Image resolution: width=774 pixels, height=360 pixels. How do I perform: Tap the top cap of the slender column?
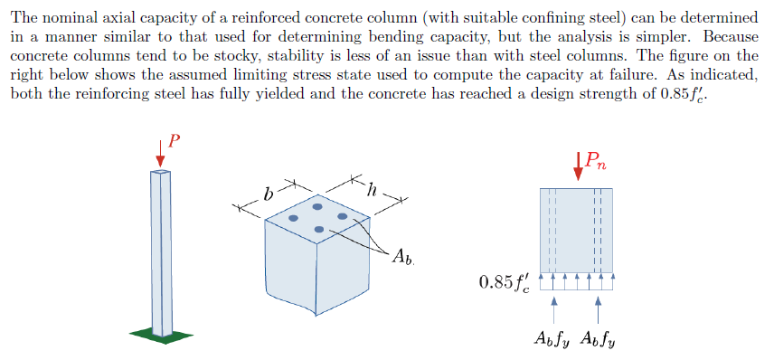(x=160, y=171)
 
